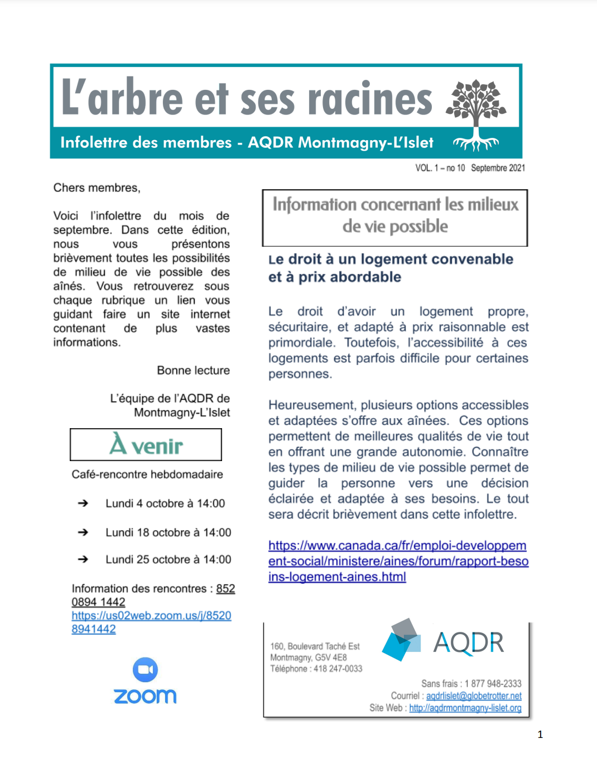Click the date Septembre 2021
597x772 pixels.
coord(498,168)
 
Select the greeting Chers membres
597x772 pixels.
coord(97,188)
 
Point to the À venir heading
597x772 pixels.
coord(146,445)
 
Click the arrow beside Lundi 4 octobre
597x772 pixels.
coord(83,504)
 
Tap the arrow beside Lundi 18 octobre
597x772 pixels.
coord(83,533)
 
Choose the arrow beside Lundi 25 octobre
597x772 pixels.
coord(83,559)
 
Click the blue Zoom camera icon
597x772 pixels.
coord(145,669)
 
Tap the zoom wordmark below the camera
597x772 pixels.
coord(145,696)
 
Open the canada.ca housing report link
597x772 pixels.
coord(398,561)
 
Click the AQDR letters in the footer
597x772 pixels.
coord(469,642)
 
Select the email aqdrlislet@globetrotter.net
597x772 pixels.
coord(474,696)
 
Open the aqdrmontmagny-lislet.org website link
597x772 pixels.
coord(465,708)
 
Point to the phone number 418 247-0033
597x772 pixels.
coord(338,669)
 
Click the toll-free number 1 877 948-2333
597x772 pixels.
coord(493,684)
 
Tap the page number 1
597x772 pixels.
coord(540,735)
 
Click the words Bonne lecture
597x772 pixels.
coord(193,371)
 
